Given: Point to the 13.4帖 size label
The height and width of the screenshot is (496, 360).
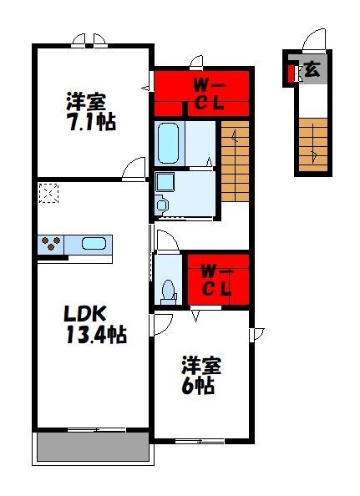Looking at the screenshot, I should [96, 336].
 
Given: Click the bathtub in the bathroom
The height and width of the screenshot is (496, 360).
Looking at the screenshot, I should [169, 144].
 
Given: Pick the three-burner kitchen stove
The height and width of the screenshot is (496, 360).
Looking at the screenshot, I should [50, 245].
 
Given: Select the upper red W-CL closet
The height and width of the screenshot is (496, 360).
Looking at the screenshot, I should [202, 93].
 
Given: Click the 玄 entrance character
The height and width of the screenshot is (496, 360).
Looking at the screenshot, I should [310, 70].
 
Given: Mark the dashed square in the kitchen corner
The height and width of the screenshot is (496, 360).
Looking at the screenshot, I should [48, 194].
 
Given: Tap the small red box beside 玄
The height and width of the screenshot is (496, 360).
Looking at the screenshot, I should [291, 73].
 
